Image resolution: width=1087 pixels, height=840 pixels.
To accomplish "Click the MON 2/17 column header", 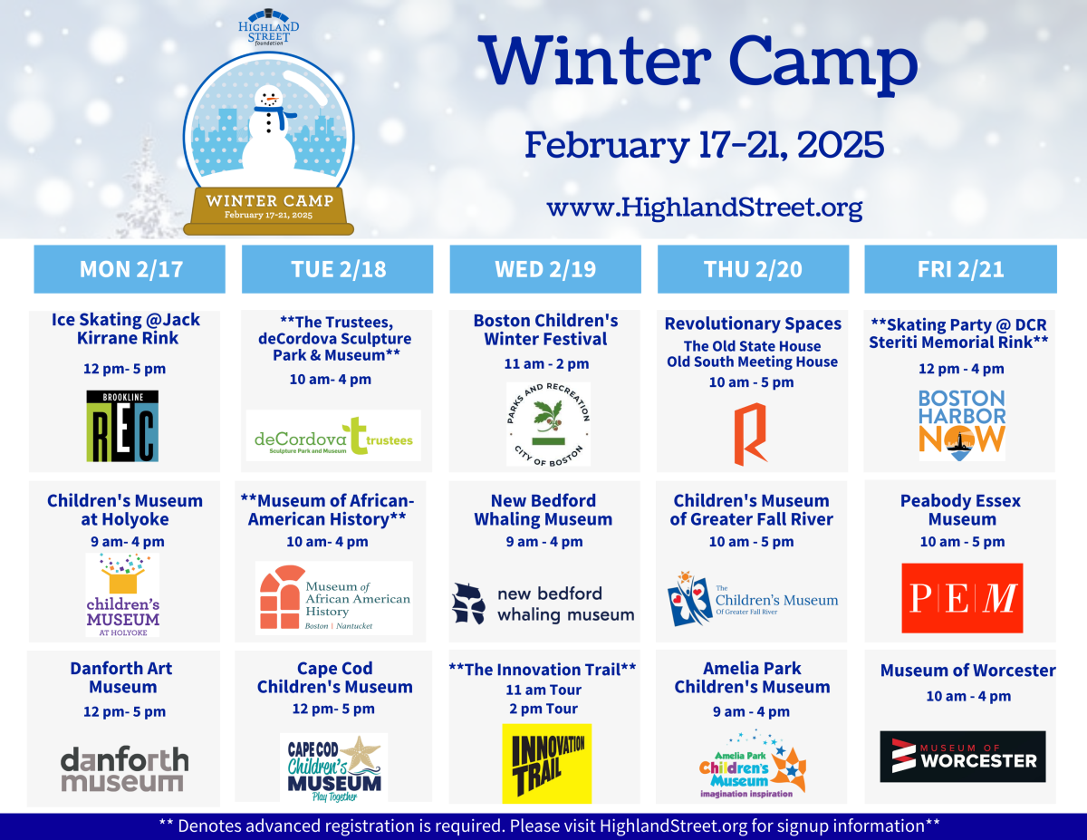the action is tap(130, 269).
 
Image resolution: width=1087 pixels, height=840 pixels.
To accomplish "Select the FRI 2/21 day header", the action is tap(960, 269).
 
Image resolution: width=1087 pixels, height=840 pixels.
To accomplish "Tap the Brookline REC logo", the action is tap(122, 426).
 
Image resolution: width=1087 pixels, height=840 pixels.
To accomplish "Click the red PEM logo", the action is tap(962, 598).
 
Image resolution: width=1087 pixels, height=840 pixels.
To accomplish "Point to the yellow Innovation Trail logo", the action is tap(547, 764).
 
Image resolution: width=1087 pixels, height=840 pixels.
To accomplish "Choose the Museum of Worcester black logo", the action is tap(962, 757).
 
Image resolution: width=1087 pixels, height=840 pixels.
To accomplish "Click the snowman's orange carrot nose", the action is tap(272, 99).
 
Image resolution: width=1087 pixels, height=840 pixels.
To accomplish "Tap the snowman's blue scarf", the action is tap(274, 115).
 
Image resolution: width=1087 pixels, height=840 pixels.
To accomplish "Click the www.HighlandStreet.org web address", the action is tap(705, 208).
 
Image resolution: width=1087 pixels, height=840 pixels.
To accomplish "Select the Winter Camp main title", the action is tap(697, 62).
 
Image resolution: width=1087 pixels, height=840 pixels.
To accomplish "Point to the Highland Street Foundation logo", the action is tap(269, 27).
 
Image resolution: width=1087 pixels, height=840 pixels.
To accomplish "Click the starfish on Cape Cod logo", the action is tap(361, 753).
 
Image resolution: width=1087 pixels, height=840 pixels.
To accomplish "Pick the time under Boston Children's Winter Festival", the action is tap(546, 363).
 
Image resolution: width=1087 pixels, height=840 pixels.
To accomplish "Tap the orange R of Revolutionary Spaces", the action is tap(750, 434).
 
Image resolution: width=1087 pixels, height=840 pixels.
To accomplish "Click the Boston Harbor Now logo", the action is tap(961, 425).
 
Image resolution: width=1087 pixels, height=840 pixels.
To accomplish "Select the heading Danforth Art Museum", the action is tap(121, 678).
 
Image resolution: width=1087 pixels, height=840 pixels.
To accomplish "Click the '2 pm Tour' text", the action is tap(543, 709).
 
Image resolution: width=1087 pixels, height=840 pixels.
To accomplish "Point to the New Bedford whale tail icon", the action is tap(468, 603).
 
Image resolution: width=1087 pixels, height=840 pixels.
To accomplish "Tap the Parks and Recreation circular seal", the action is tap(548, 424).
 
